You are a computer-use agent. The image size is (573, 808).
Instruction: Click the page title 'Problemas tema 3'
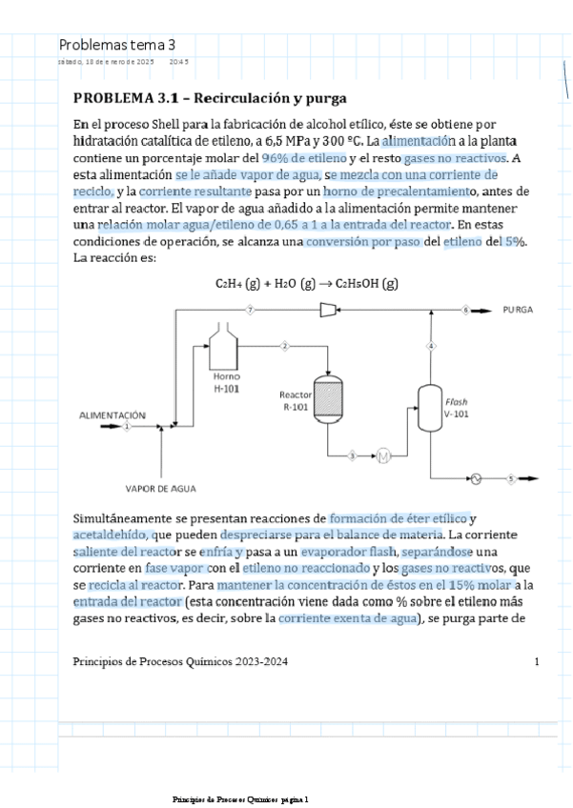tap(117, 45)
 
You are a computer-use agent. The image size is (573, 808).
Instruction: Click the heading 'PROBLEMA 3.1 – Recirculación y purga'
tap(210, 98)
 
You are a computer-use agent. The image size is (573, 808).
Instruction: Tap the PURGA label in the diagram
tap(518, 311)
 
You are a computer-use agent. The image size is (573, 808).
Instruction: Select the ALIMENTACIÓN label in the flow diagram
tap(112, 415)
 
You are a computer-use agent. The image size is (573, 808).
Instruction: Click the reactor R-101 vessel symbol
tap(328, 398)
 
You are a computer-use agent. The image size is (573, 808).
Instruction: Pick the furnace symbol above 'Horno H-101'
tap(225, 349)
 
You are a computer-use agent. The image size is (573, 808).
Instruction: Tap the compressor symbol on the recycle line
tap(327, 311)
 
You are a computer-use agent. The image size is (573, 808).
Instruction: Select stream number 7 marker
tap(250, 311)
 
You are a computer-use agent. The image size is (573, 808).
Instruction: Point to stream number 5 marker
tap(511, 478)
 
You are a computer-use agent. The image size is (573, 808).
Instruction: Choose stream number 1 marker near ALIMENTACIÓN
tap(126, 427)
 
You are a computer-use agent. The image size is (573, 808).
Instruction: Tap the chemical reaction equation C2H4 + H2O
tap(306, 283)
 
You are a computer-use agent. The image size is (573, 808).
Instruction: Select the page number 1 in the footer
tap(537, 661)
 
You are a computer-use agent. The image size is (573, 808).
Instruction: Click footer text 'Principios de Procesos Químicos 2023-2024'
tap(180, 661)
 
